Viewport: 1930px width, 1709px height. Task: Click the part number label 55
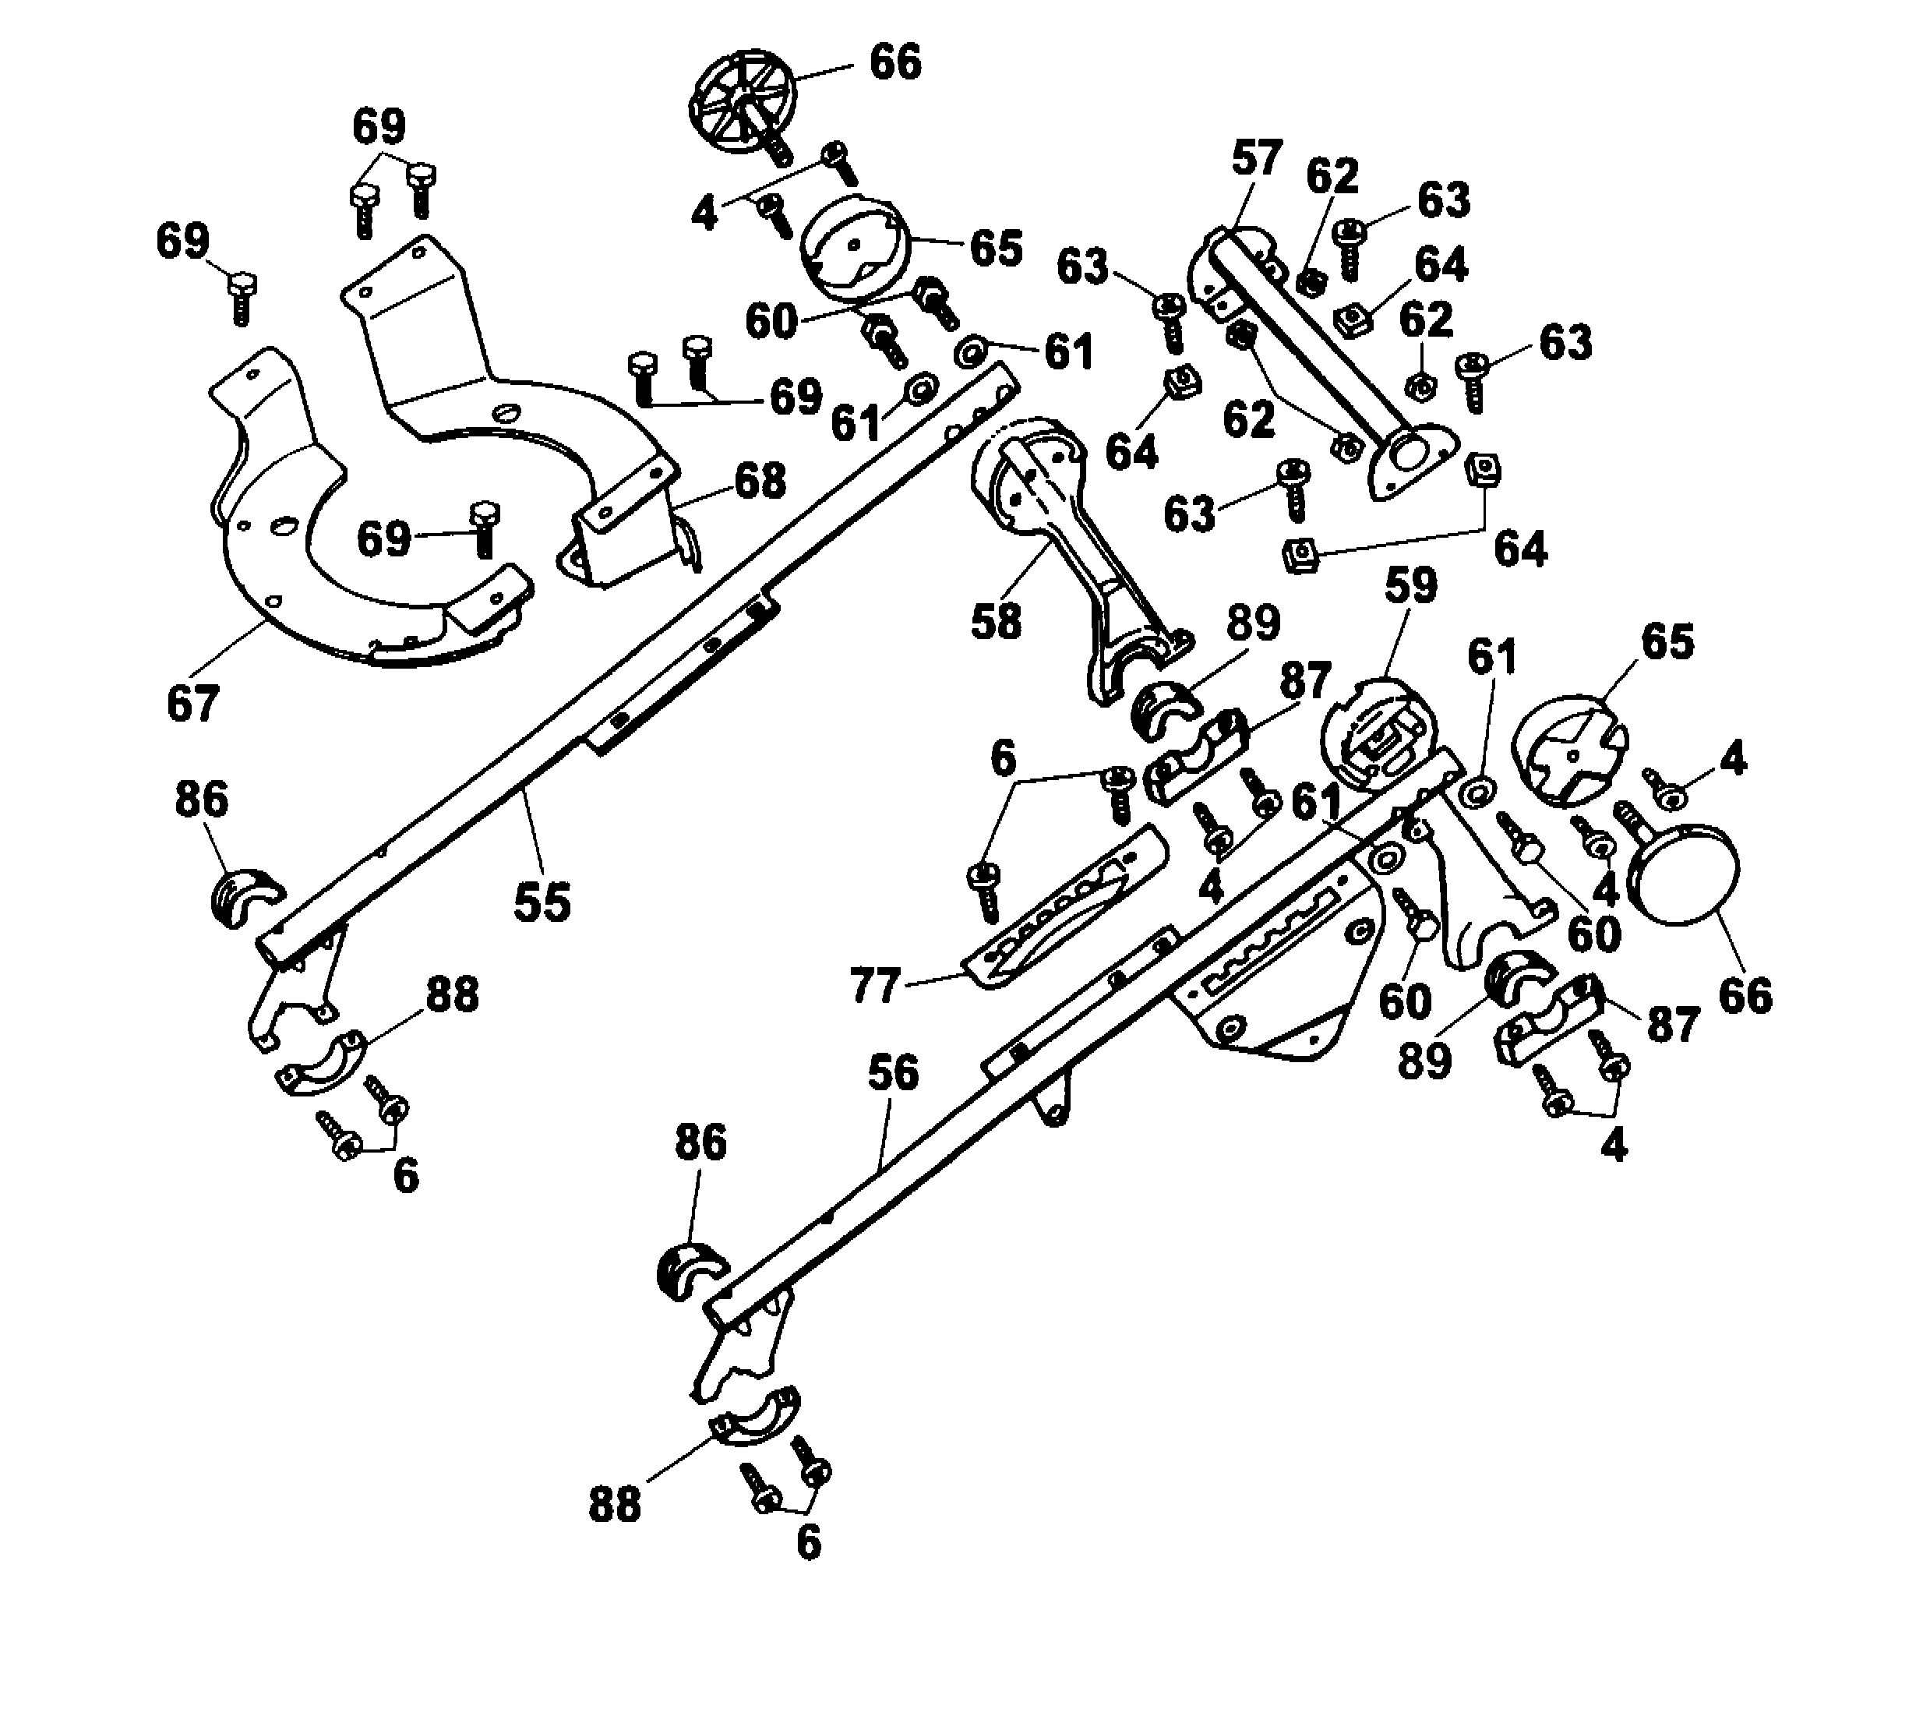[542, 901]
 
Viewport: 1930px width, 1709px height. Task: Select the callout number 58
[996, 620]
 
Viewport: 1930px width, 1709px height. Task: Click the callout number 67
[192, 704]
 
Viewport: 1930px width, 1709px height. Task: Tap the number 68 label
[760, 481]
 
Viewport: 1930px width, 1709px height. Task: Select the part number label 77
[874, 987]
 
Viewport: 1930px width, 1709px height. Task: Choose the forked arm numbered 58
[1076, 548]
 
